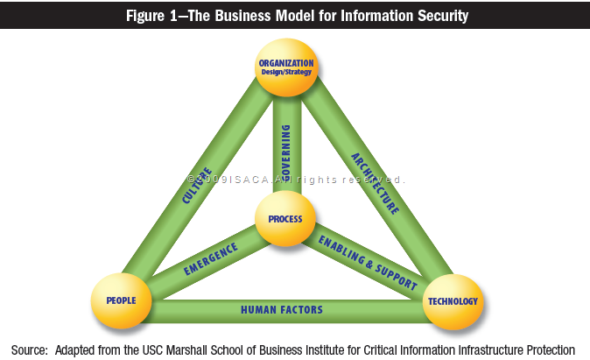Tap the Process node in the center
pos(285,219)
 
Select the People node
pos(121,301)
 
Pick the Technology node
pos(452,301)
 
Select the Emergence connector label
pos(210,259)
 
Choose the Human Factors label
pos(282,309)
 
